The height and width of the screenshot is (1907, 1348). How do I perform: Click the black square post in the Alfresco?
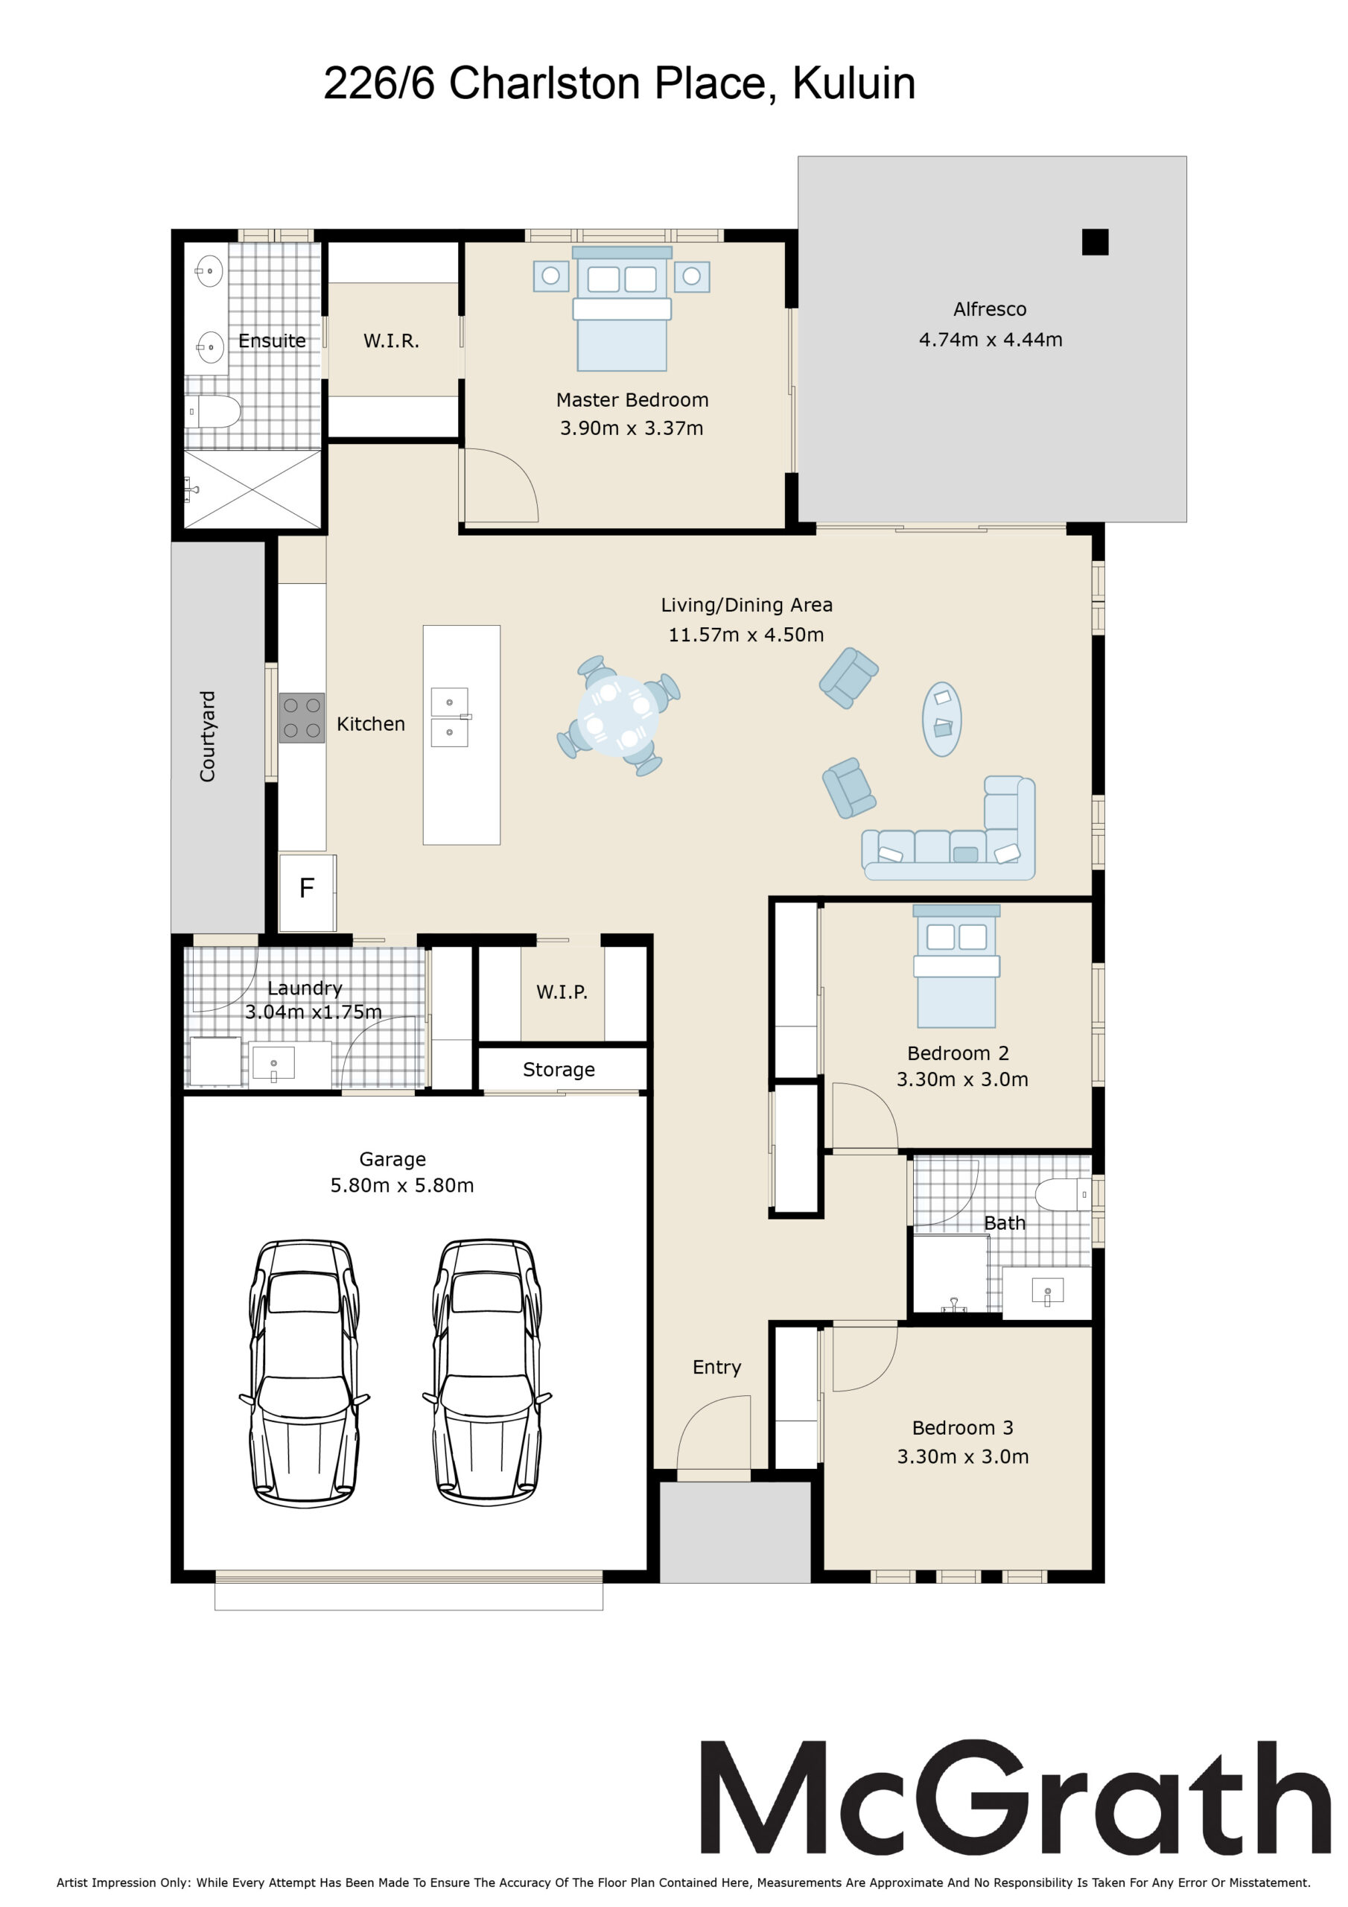click(1095, 241)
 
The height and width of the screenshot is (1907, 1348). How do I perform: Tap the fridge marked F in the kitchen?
click(308, 892)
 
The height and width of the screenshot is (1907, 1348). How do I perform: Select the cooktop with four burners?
click(302, 717)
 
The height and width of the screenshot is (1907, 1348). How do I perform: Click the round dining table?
click(618, 715)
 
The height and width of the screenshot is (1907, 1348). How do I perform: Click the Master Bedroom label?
click(632, 399)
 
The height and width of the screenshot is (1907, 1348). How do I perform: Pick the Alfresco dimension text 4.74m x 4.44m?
click(990, 340)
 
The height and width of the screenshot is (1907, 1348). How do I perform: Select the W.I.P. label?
click(562, 991)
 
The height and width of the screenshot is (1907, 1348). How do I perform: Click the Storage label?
click(559, 1069)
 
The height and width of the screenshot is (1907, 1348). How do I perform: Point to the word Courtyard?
click(207, 736)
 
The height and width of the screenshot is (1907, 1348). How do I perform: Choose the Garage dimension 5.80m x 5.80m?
click(402, 1185)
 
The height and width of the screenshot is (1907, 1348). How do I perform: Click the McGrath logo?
click(1015, 1798)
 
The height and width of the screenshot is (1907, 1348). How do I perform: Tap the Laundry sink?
click(273, 1063)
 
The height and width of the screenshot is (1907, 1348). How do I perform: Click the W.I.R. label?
click(391, 341)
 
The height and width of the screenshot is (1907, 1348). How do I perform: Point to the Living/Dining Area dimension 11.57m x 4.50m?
click(745, 635)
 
